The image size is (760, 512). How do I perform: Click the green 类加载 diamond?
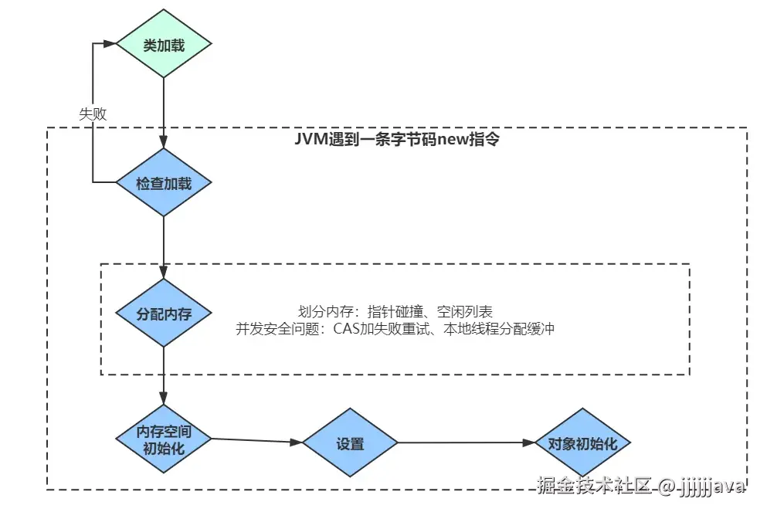pos(164,45)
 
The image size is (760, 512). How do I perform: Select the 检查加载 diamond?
pos(164,183)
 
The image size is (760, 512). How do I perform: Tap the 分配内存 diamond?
pos(164,314)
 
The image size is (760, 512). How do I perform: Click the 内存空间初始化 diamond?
pos(164,439)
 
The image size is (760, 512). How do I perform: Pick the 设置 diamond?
pos(350,444)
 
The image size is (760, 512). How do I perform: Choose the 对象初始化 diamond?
pos(583,444)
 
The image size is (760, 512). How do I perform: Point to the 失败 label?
pos(93,113)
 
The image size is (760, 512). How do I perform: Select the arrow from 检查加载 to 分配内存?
pos(164,247)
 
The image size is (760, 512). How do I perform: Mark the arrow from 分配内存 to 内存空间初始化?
pos(164,375)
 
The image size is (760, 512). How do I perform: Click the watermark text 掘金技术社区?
pos(593,486)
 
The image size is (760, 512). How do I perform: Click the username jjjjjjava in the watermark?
pos(711,487)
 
